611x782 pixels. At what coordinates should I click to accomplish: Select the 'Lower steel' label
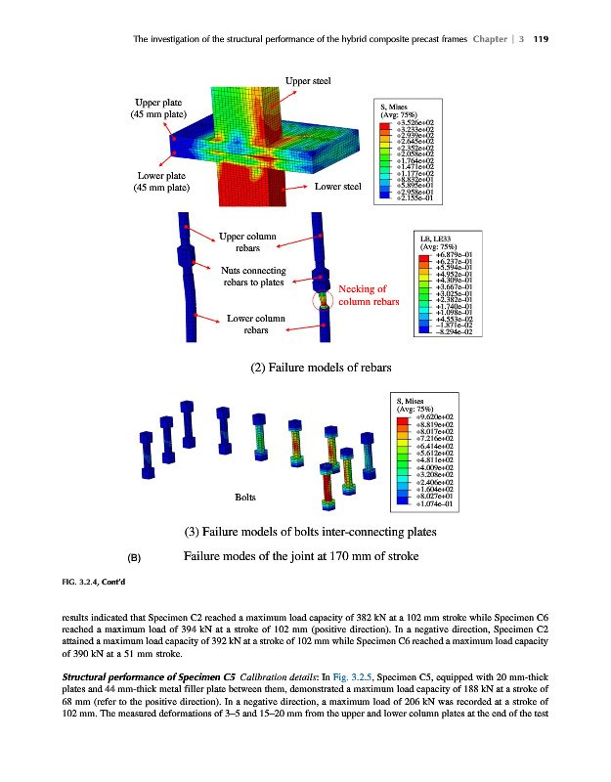(x=339, y=186)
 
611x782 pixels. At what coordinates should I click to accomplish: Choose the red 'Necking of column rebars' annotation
(x=368, y=295)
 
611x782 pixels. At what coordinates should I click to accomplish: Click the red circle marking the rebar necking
(x=324, y=301)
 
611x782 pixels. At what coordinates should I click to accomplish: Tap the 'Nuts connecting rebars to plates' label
(x=253, y=277)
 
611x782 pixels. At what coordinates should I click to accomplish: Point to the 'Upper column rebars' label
(x=247, y=243)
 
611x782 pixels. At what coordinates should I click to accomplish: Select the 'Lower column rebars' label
(x=255, y=325)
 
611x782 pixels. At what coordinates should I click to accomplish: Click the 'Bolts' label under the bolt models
(x=246, y=497)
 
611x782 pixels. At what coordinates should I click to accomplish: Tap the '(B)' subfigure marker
(x=136, y=558)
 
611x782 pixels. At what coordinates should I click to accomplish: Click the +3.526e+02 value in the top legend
(x=410, y=123)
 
